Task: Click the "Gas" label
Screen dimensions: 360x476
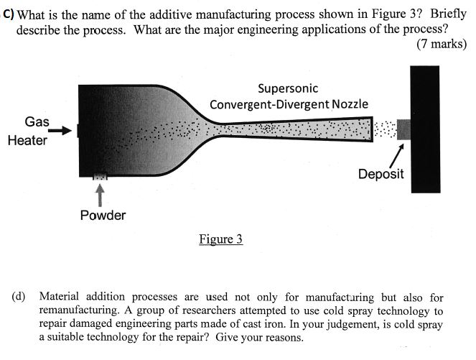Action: (x=37, y=121)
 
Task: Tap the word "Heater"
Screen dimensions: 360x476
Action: (x=27, y=140)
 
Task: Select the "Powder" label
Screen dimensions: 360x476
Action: (x=103, y=215)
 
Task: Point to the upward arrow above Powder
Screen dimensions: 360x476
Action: (x=101, y=194)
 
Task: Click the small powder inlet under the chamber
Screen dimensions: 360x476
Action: (x=100, y=177)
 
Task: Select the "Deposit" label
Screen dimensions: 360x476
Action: (x=381, y=174)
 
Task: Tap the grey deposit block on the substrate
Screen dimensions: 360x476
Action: (x=404, y=129)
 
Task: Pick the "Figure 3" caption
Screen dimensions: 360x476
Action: (x=220, y=239)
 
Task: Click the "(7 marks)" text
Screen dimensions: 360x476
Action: (x=441, y=44)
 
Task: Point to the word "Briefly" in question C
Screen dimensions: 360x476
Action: (x=448, y=14)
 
